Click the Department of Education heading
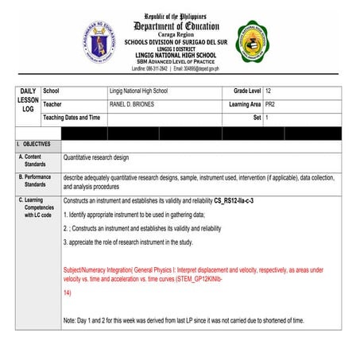[180, 25]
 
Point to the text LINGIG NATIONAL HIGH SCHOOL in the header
[180, 55]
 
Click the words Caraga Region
[180, 36]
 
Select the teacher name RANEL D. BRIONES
[133, 105]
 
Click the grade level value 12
[269, 92]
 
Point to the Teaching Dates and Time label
[72, 118]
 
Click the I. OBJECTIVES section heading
[33, 144]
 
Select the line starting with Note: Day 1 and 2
[184, 320]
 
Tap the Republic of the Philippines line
[180, 15]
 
